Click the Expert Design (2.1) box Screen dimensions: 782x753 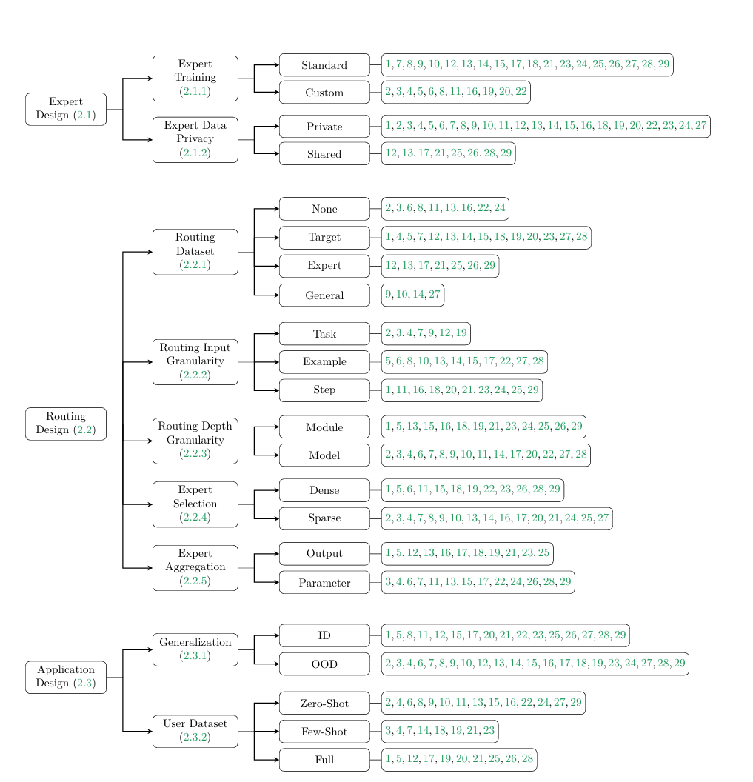coord(66,109)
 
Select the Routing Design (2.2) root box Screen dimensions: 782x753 coord(66,424)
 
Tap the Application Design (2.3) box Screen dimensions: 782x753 coord(66,677)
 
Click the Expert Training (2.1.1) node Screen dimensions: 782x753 coord(195,78)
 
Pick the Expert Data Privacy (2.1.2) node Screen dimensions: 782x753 coord(195,139)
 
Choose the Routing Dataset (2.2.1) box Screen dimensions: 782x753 coord(195,252)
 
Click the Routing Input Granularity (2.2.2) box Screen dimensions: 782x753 coord(195,362)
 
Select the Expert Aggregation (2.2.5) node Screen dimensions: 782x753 coord(195,568)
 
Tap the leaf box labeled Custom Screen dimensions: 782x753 coord(324,93)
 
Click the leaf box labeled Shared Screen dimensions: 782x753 coord(324,154)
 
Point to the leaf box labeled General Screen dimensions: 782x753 coord(324,295)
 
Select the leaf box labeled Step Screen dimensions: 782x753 coord(324,390)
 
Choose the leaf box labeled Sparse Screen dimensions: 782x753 coord(324,518)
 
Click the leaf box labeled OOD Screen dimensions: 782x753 coord(324,664)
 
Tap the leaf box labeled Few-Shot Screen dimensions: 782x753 coord(324,732)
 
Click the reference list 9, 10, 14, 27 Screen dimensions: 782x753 coord(412,295)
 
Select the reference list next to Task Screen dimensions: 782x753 coord(426,334)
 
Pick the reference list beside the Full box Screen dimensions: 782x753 coord(458,760)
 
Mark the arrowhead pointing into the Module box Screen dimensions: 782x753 coord(276,427)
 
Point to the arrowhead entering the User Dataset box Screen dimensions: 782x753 coord(150,732)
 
